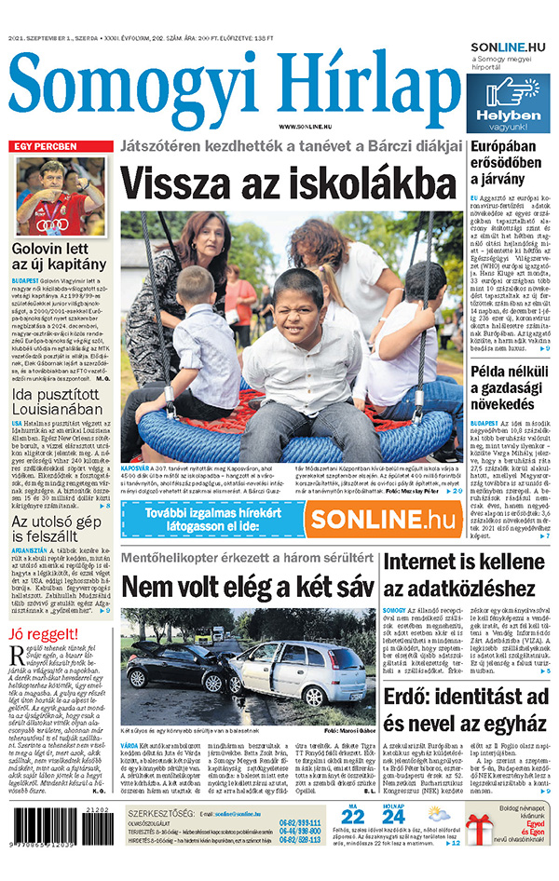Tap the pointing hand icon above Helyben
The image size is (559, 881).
507,91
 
